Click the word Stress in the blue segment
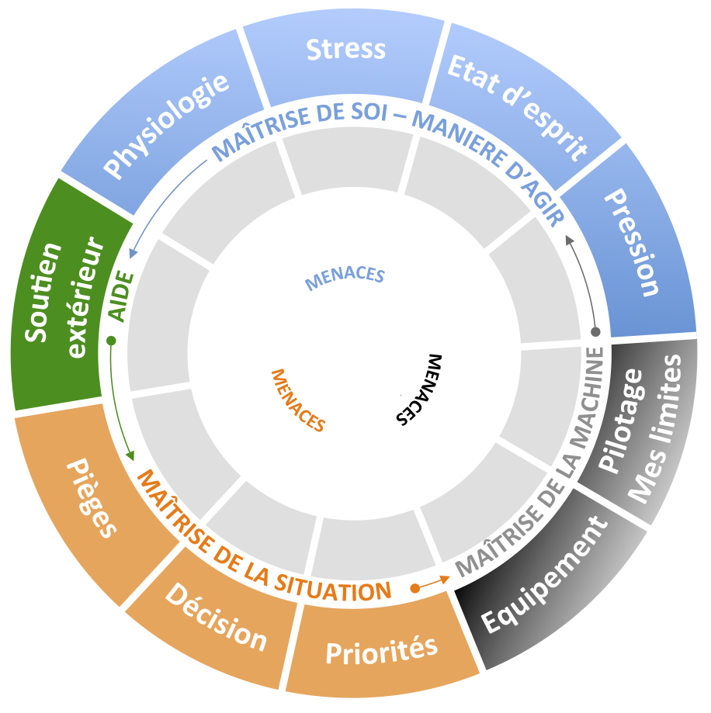[345, 49]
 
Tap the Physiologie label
[166, 126]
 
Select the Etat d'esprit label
[517, 107]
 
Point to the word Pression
[632, 243]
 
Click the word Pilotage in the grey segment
[620, 420]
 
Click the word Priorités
[382, 651]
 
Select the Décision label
[216, 617]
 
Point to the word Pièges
[92, 497]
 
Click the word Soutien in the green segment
[43, 292]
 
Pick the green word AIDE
[121, 296]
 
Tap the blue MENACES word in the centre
[345, 277]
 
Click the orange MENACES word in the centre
[298, 400]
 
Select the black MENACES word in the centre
[418, 389]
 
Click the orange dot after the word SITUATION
[414, 588]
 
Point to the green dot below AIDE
[110, 341]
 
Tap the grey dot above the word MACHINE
[595, 332]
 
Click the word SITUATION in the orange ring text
[333, 587]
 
